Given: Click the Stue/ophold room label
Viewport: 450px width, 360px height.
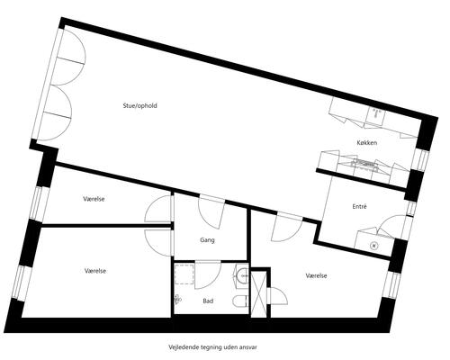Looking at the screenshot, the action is click(140, 106).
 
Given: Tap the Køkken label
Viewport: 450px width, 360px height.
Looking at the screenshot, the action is click(367, 143).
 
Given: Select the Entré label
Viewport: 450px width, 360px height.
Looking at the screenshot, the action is click(359, 206).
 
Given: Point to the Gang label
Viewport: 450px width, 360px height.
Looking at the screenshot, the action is click(207, 240).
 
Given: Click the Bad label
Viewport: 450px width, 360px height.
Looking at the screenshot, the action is click(208, 301).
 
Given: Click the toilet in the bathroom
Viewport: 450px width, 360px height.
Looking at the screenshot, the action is click(240, 301).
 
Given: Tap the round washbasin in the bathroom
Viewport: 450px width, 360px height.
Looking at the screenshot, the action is click(243, 274).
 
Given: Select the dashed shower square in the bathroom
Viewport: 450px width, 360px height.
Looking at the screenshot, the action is click(184, 274).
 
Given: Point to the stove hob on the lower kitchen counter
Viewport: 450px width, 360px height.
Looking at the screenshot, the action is click(364, 164).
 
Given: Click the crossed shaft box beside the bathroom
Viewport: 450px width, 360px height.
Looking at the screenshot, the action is click(258, 294).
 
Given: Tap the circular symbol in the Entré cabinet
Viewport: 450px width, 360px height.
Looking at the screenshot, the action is click(373, 246).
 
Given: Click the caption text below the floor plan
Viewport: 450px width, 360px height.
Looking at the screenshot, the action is click(213, 347).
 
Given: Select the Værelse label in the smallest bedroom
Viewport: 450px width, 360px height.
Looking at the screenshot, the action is click(94, 199).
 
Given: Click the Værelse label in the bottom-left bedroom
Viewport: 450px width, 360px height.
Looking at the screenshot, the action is click(95, 271).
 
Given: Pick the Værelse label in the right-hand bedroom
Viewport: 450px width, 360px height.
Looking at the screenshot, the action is click(317, 275).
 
